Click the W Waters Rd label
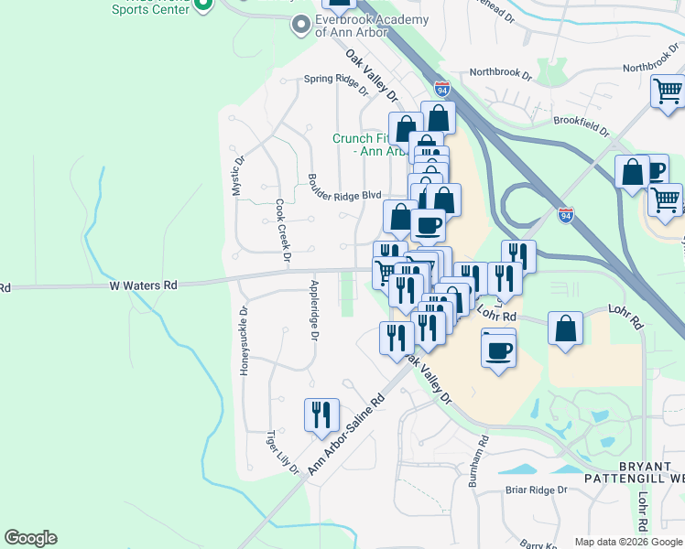pos(143,285)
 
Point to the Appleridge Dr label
pos(313,310)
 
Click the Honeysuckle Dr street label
pos(244,341)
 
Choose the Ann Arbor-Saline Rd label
pos(346,434)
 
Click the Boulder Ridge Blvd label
pos(344,195)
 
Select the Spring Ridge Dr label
pos(335,86)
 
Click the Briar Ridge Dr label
pos(537,490)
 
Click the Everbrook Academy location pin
pos(301,25)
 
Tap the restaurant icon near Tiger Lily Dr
pos(321,414)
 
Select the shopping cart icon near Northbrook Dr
pos(669,91)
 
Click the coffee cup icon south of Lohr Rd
pos(498,350)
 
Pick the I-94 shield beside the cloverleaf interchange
pos(566,214)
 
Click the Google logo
pos(30,538)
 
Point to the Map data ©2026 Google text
pos(628,542)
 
